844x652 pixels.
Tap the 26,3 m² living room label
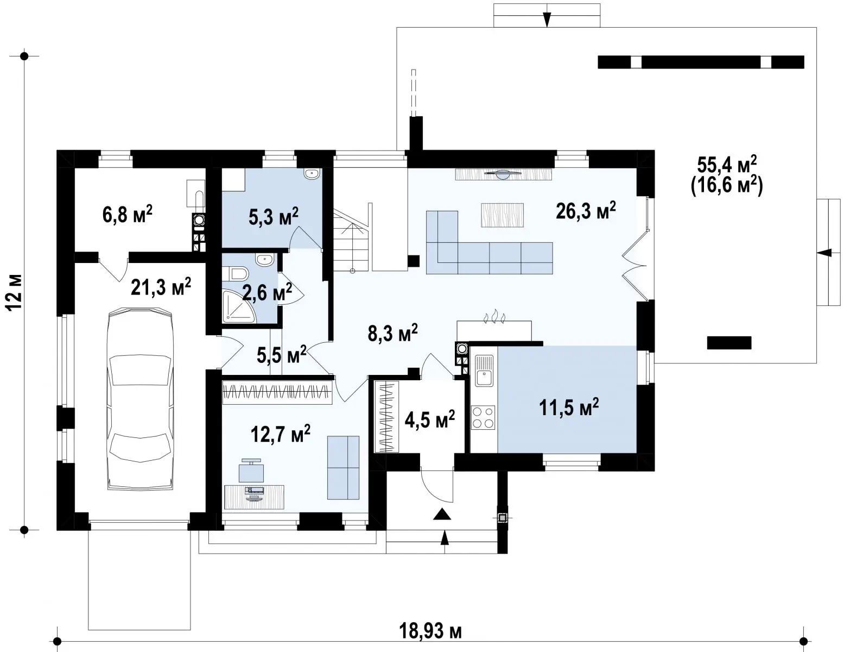click(x=586, y=211)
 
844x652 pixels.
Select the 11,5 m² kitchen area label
click(x=569, y=407)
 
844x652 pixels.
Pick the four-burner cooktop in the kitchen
click(x=483, y=417)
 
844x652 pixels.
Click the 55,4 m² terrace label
click(x=727, y=165)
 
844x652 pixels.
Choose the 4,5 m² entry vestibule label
click(x=429, y=419)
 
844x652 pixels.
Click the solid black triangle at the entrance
click(x=442, y=515)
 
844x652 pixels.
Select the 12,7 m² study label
click(x=281, y=434)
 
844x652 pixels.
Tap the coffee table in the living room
click(x=502, y=215)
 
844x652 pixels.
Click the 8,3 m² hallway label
click(x=392, y=333)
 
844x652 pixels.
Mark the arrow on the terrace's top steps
click(x=547, y=15)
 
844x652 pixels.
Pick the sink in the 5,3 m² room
click(x=312, y=174)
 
